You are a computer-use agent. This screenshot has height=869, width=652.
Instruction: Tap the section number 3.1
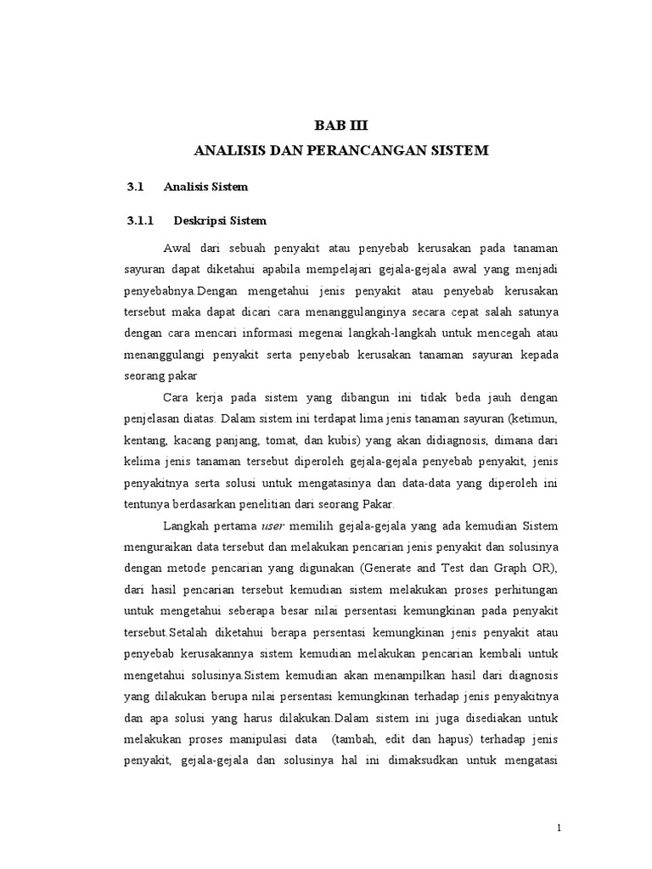pyautogui.click(x=137, y=186)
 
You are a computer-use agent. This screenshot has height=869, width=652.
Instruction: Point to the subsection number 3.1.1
pyautogui.click(x=140, y=221)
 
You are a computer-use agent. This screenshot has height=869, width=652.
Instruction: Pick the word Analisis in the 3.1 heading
pyautogui.click(x=187, y=186)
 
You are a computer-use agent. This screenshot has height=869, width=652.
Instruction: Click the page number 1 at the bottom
pyautogui.click(x=559, y=827)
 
